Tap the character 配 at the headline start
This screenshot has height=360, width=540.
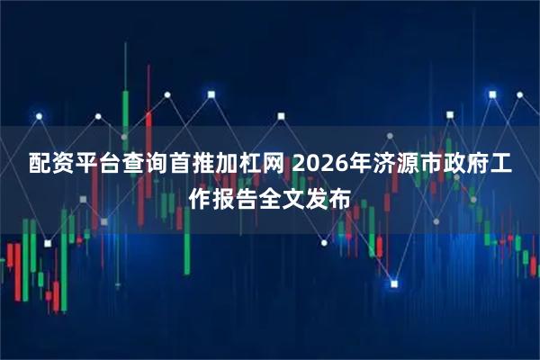[x=39, y=166]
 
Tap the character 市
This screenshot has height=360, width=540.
[x=440, y=166]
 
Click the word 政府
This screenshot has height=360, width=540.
[x=477, y=166]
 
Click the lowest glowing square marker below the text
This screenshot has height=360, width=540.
[x=393, y=284]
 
